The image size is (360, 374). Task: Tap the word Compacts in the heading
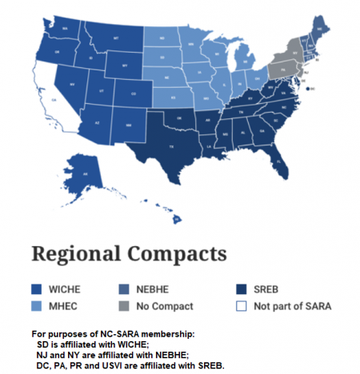coord(177,257)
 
